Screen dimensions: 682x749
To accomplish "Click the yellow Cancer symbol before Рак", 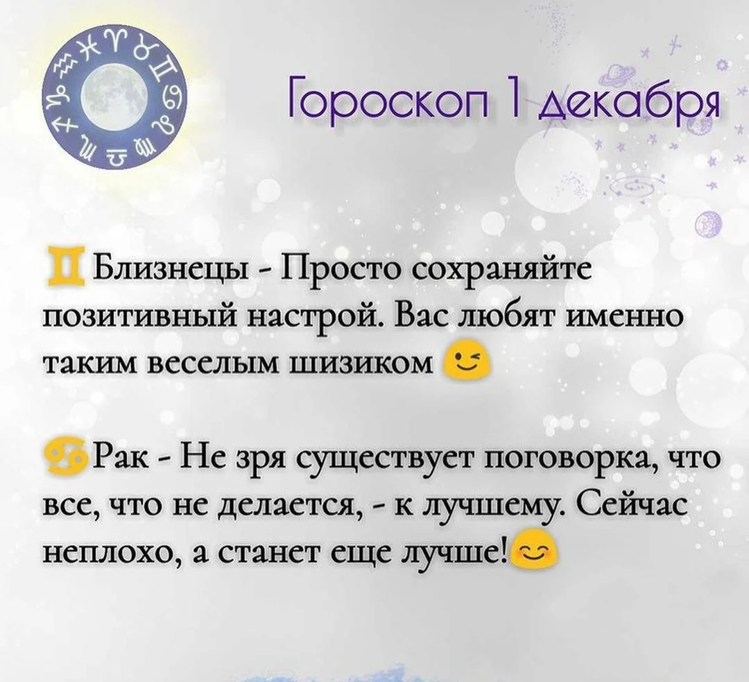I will [67, 459].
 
